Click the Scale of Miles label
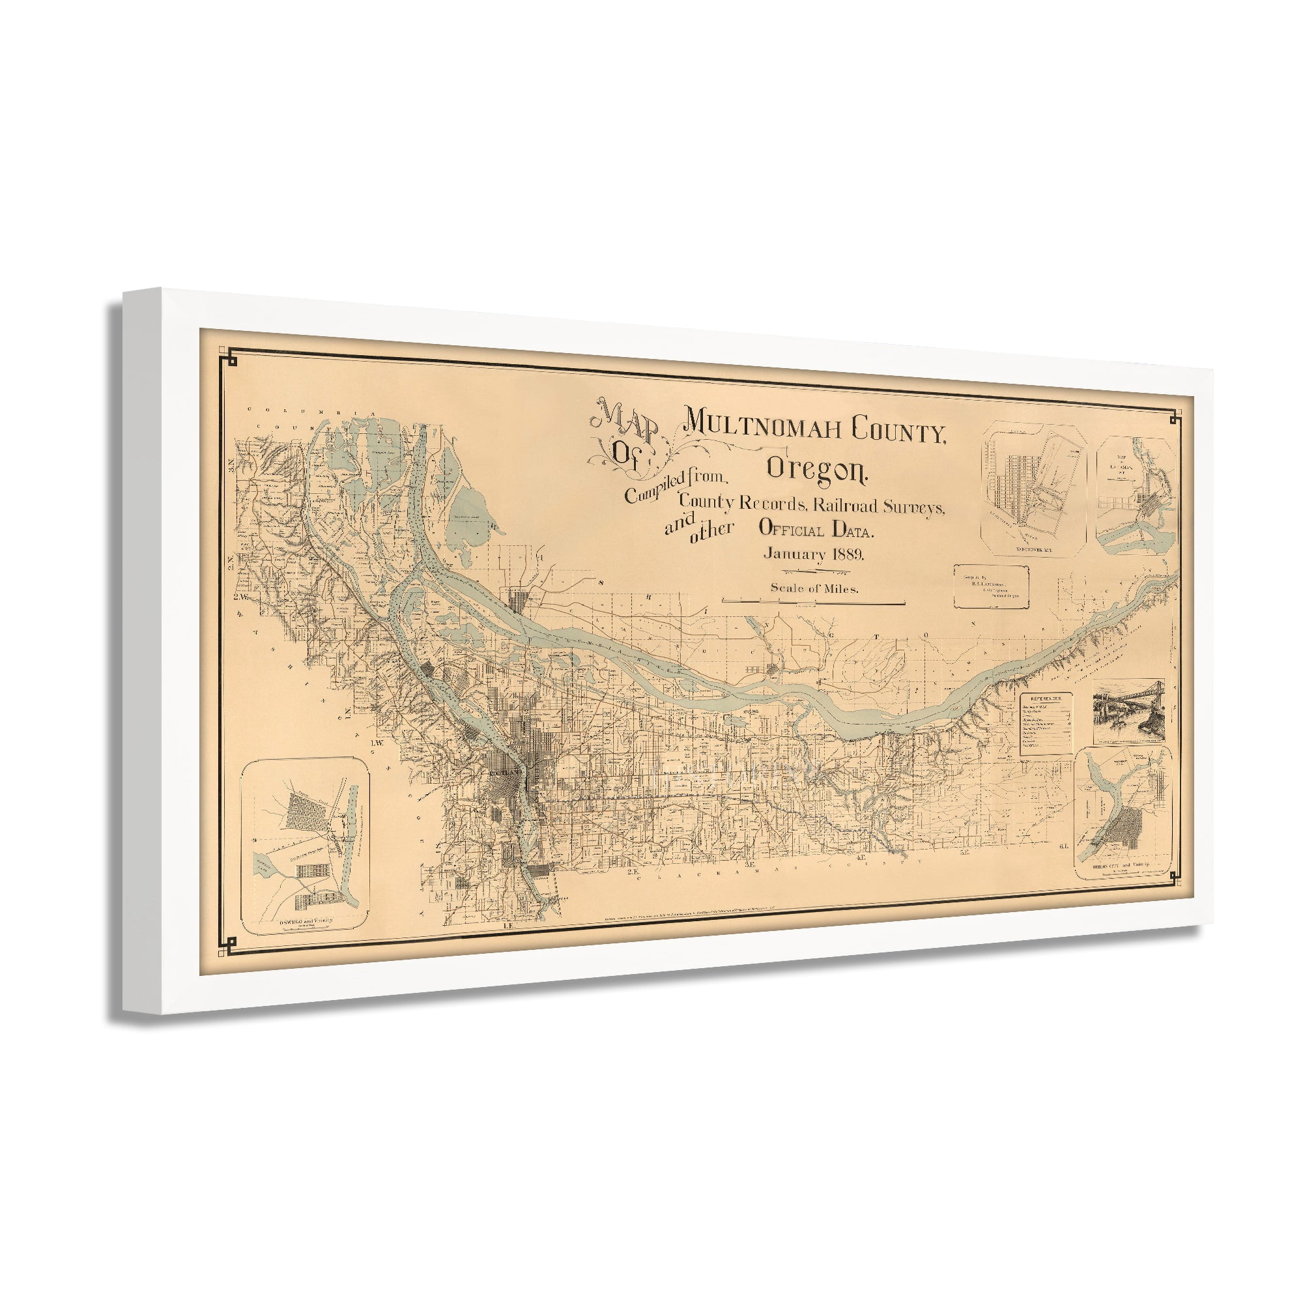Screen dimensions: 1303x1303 814,588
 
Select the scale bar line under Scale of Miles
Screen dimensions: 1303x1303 812,602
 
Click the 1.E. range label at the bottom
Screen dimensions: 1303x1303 510,926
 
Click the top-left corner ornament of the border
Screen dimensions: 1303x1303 233,357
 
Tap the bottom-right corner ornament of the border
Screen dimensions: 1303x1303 1175,877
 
